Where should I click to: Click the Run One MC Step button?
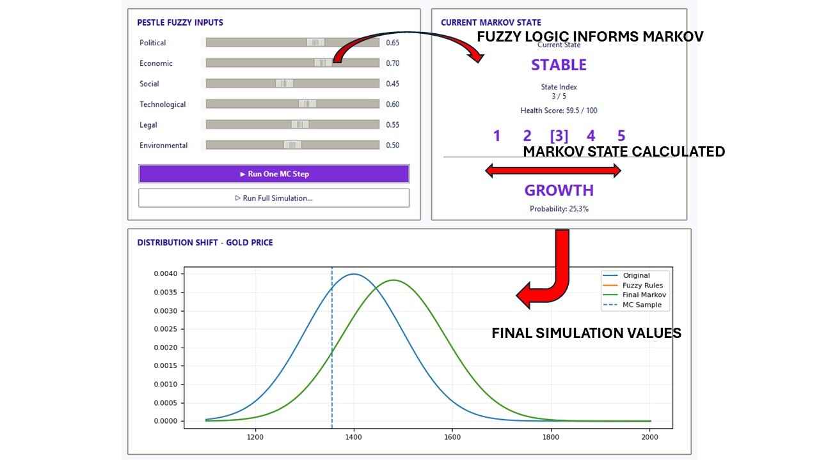click(274, 174)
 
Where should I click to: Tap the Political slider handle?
click(315, 42)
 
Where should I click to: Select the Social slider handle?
click(285, 84)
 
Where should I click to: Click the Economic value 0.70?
click(393, 63)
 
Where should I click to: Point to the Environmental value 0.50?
click(393, 145)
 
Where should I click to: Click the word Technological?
click(163, 104)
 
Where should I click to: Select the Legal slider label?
click(148, 125)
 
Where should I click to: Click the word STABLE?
click(559, 65)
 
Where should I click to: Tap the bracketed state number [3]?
click(559, 136)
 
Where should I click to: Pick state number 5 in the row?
click(621, 136)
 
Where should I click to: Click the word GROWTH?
click(559, 190)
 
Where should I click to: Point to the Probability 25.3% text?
click(559, 209)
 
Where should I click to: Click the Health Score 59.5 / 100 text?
click(559, 111)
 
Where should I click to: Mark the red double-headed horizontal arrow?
click(553, 171)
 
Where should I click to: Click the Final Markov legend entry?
click(635, 295)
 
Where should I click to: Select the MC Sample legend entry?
click(633, 305)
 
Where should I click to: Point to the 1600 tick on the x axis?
click(452, 437)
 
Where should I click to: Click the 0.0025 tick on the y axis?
click(165, 329)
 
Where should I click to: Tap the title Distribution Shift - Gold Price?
click(205, 243)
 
